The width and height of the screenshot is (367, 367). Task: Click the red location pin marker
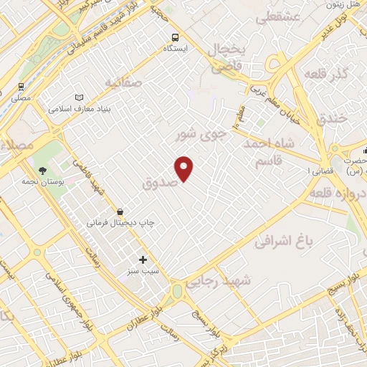(x=185, y=168)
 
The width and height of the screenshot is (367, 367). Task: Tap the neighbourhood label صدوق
(x=159, y=183)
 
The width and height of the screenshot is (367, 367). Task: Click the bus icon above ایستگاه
(x=176, y=37)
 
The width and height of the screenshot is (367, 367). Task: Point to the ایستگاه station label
(x=176, y=49)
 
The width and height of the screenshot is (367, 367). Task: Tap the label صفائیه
(x=124, y=83)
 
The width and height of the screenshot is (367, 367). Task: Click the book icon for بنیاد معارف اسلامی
(x=79, y=98)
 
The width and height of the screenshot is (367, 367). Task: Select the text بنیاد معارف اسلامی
(x=79, y=110)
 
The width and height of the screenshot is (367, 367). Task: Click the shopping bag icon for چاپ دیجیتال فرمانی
(x=119, y=211)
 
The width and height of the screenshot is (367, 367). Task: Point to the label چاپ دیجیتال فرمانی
(x=120, y=223)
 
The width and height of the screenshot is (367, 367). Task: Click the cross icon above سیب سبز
(x=143, y=259)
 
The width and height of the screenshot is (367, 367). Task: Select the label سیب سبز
(x=143, y=272)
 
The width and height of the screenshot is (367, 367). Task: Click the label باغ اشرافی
(x=285, y=242)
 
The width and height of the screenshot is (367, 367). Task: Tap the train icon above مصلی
(x=21, y=87)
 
